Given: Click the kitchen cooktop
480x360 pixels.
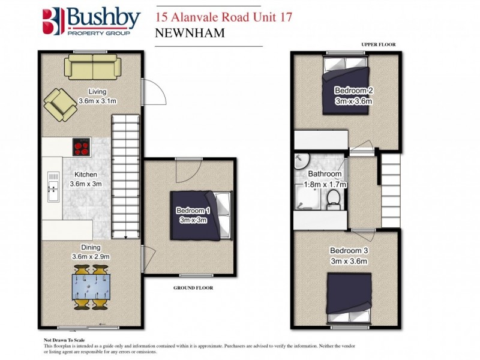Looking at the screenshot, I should [82, 146].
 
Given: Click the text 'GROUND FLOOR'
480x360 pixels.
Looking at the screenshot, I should [193, 287].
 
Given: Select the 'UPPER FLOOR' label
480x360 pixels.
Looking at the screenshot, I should [378, 44].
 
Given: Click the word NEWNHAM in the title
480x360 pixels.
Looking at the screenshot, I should [190, 33].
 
